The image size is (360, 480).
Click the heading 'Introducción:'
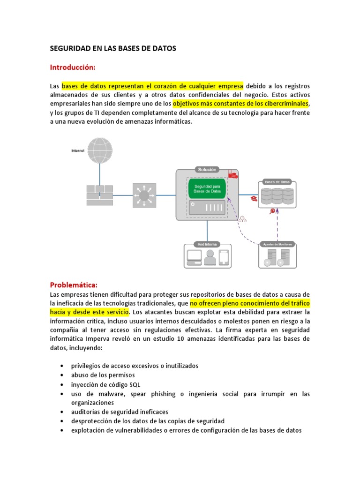click(x=73, y=67)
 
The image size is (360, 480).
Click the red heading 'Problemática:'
click(x=74, y=285)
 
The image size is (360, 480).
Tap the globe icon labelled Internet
click(x=100, y=150)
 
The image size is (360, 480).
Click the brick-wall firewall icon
click(x=99, y=195)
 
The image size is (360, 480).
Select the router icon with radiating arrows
click(x=144, y=195)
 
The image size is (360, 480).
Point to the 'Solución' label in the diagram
click(x=207, y=169)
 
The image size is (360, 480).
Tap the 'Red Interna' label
click(x=207, y=244)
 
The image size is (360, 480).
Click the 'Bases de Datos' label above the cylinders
click(x=277, y=181)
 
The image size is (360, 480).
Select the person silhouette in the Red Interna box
click(x=210, y=257)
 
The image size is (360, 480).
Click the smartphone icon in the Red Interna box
click(x=224, y=258)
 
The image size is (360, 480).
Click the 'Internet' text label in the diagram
click(x=78, y=150)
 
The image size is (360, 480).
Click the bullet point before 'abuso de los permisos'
click(x=62, y=375)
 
